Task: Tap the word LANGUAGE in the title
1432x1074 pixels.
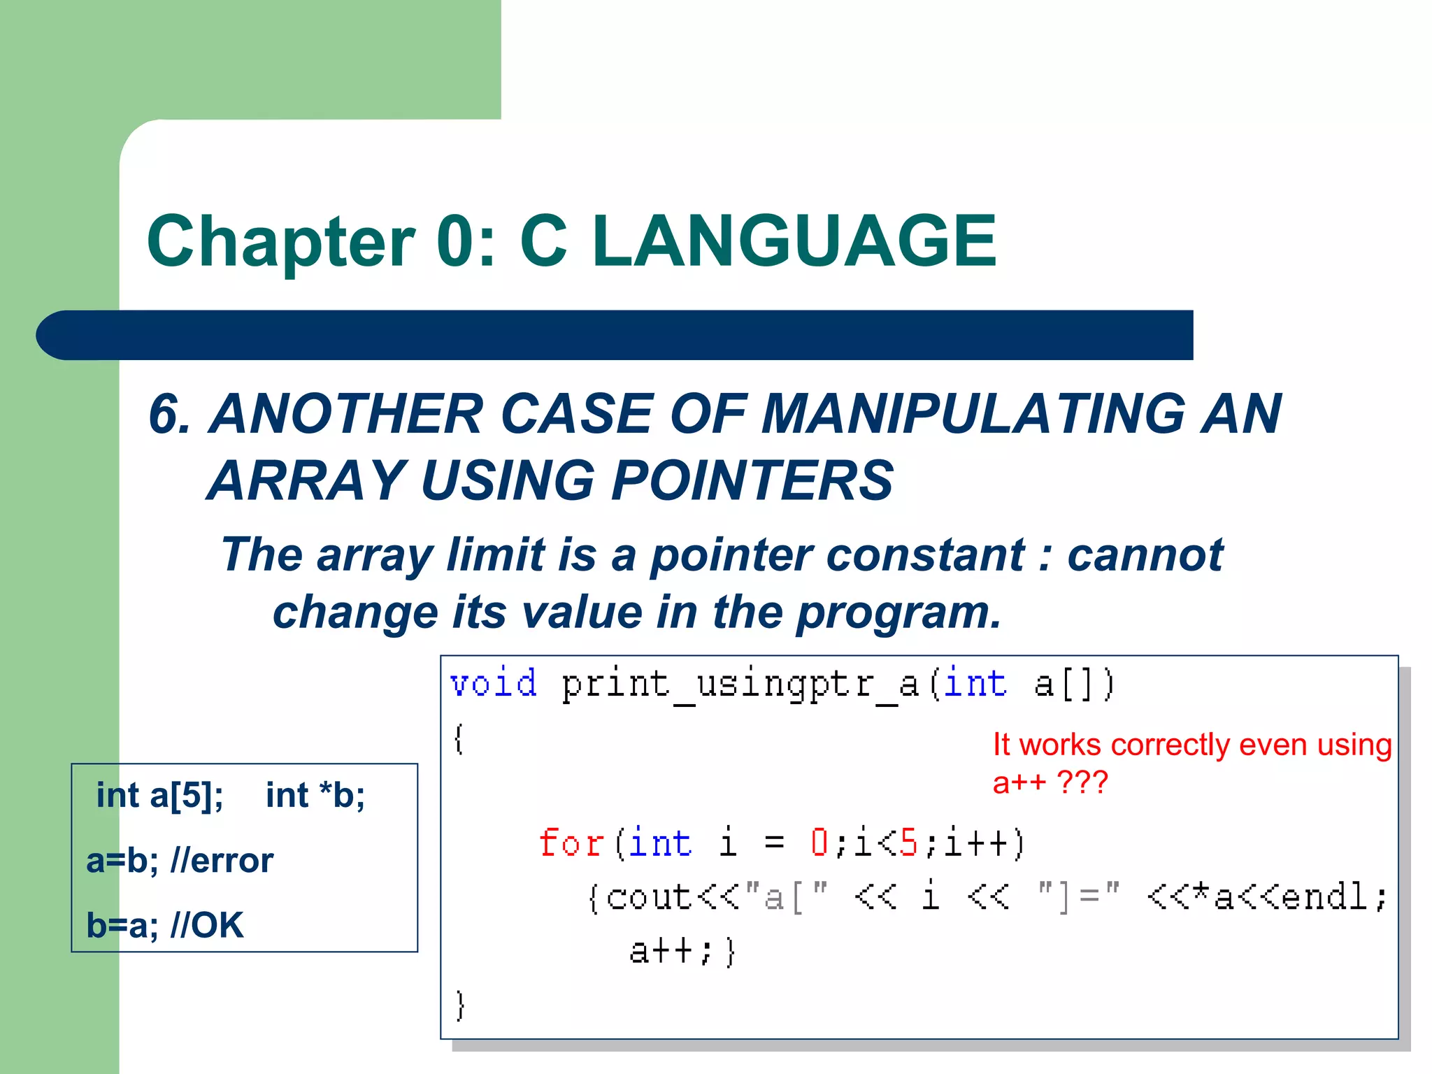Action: coord(794,242)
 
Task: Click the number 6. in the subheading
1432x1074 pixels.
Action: coord(169,414)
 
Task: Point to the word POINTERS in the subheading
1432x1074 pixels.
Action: coord(752,481)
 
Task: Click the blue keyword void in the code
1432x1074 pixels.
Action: coord(494,683)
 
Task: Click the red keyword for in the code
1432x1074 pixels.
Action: coord(571,843)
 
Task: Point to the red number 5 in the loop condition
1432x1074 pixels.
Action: coord(908,843)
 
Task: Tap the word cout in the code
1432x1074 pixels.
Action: coord(649,897)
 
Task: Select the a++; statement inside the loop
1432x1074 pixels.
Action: coord(671,952)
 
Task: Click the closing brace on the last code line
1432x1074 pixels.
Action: coord(459,1006)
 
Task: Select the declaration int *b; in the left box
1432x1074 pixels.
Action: coord(315,796)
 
